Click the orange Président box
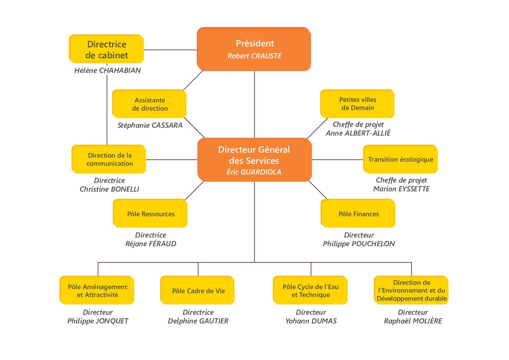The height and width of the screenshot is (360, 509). point(254,49)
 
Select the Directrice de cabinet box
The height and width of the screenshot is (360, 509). point(106,49)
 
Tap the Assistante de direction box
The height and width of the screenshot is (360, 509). point(149,104)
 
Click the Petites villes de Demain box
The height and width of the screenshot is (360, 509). point(358,104)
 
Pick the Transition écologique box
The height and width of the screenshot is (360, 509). point(400,159)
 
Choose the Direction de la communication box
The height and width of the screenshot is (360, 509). point(109,159)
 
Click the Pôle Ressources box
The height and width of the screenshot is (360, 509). point(150,213)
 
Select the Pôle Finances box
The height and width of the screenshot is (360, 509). point(358,213)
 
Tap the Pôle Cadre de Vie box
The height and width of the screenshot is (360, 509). point(198,290)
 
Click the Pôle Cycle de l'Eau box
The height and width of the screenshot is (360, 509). point(310,290)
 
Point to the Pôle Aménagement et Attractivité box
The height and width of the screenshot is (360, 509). point(97,290)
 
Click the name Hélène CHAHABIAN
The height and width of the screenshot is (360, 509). point(107,70)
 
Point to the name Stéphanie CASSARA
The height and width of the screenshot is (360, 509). point(150,125)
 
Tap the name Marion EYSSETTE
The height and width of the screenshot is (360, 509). point(401,189)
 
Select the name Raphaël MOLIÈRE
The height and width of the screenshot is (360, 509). point(413,321)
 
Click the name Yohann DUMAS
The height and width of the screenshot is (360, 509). point(311,321)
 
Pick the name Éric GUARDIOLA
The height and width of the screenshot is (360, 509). point(254,172)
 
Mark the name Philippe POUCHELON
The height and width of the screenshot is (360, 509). point(359,244)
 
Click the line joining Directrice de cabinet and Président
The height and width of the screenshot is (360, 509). point(171,50)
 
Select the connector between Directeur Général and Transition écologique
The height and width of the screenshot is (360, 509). point(338,160)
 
